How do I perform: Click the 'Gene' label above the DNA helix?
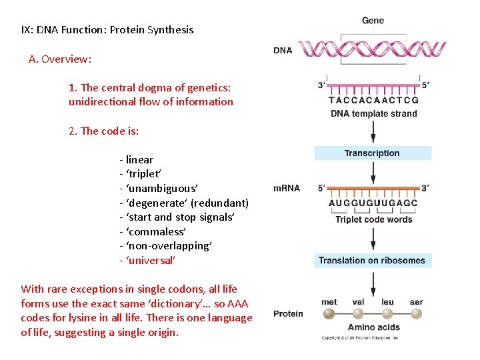373,21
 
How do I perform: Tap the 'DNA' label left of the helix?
283,51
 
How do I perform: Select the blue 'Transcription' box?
372,153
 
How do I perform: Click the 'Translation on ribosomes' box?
372,261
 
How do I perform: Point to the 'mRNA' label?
287,188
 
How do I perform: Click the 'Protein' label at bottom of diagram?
288,314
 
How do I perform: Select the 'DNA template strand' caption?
373,113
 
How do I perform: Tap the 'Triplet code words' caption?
373,219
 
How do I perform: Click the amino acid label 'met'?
329,302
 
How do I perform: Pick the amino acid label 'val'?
358,302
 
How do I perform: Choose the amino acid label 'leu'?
387,302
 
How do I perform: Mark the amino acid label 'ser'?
417,302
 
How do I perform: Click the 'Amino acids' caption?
373,327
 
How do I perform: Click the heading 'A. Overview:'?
60,59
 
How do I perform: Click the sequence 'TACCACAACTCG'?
373,101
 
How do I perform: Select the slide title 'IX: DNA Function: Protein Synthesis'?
107,29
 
